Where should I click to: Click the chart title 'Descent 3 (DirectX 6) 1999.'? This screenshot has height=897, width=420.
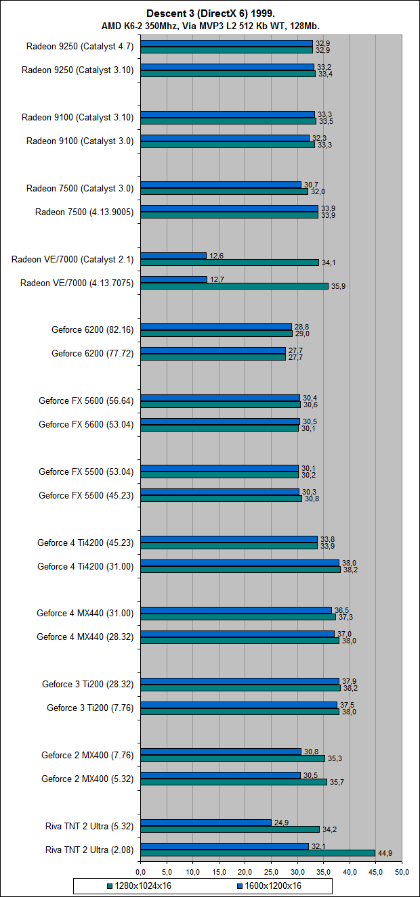pyautogui.click(x=210, y=14)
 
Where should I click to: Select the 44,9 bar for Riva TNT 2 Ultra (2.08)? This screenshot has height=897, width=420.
pyautogui.click(x=257, y=853)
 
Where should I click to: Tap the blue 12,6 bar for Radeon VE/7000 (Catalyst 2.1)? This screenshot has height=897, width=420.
pyautogui.click(x=173, y=256)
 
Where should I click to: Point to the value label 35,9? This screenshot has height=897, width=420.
pyautogui.click(x=337, y=287)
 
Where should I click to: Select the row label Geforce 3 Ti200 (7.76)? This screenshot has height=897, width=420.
pyautogui.click(x=90, y=708)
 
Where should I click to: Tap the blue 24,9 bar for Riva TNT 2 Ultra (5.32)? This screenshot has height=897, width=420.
pyautogui.click(x=206, y=823)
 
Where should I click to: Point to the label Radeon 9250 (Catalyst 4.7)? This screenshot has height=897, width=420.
pyautogui.click(x=80, y=47)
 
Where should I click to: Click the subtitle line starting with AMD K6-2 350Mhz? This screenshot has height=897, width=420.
pyautogui.click(x=210, y=26)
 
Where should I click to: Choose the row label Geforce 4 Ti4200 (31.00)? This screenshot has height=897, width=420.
pyautogui.click(x=85, y=566)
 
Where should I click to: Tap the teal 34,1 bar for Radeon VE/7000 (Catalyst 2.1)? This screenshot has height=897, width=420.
pyautogui.click(x=230, y=262)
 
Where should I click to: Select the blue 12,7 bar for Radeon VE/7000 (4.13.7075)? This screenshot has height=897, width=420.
pyautogui.click(x=174, y=279)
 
